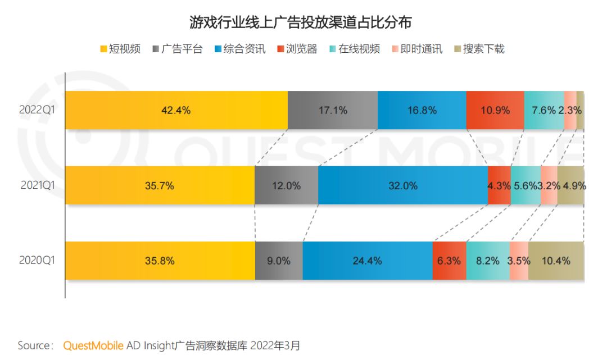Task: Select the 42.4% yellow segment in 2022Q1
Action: pyautogui.click(x=176, y=110)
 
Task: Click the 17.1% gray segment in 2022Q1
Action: pyautogui.click(x=332, y=110)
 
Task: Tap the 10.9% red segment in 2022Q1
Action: pyautogui.click(x=495, y=110)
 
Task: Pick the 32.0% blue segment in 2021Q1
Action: pyautogui.click(x=403, y=185)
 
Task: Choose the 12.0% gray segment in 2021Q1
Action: pyautogui.click(x=286, y=185)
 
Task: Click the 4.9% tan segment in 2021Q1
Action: pyautogui.click(x=571, y=185)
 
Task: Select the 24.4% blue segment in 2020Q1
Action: pyautogui.click(x=368, y=261)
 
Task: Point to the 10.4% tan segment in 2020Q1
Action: pyautogui.click(x=556, y=261)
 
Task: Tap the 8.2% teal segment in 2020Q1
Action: pyautogui.click(x=488, y=261)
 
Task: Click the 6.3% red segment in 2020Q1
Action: pyautogui.click(x=449, y=261)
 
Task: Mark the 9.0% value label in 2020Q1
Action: pyautogui.click(x=279, y=261)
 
